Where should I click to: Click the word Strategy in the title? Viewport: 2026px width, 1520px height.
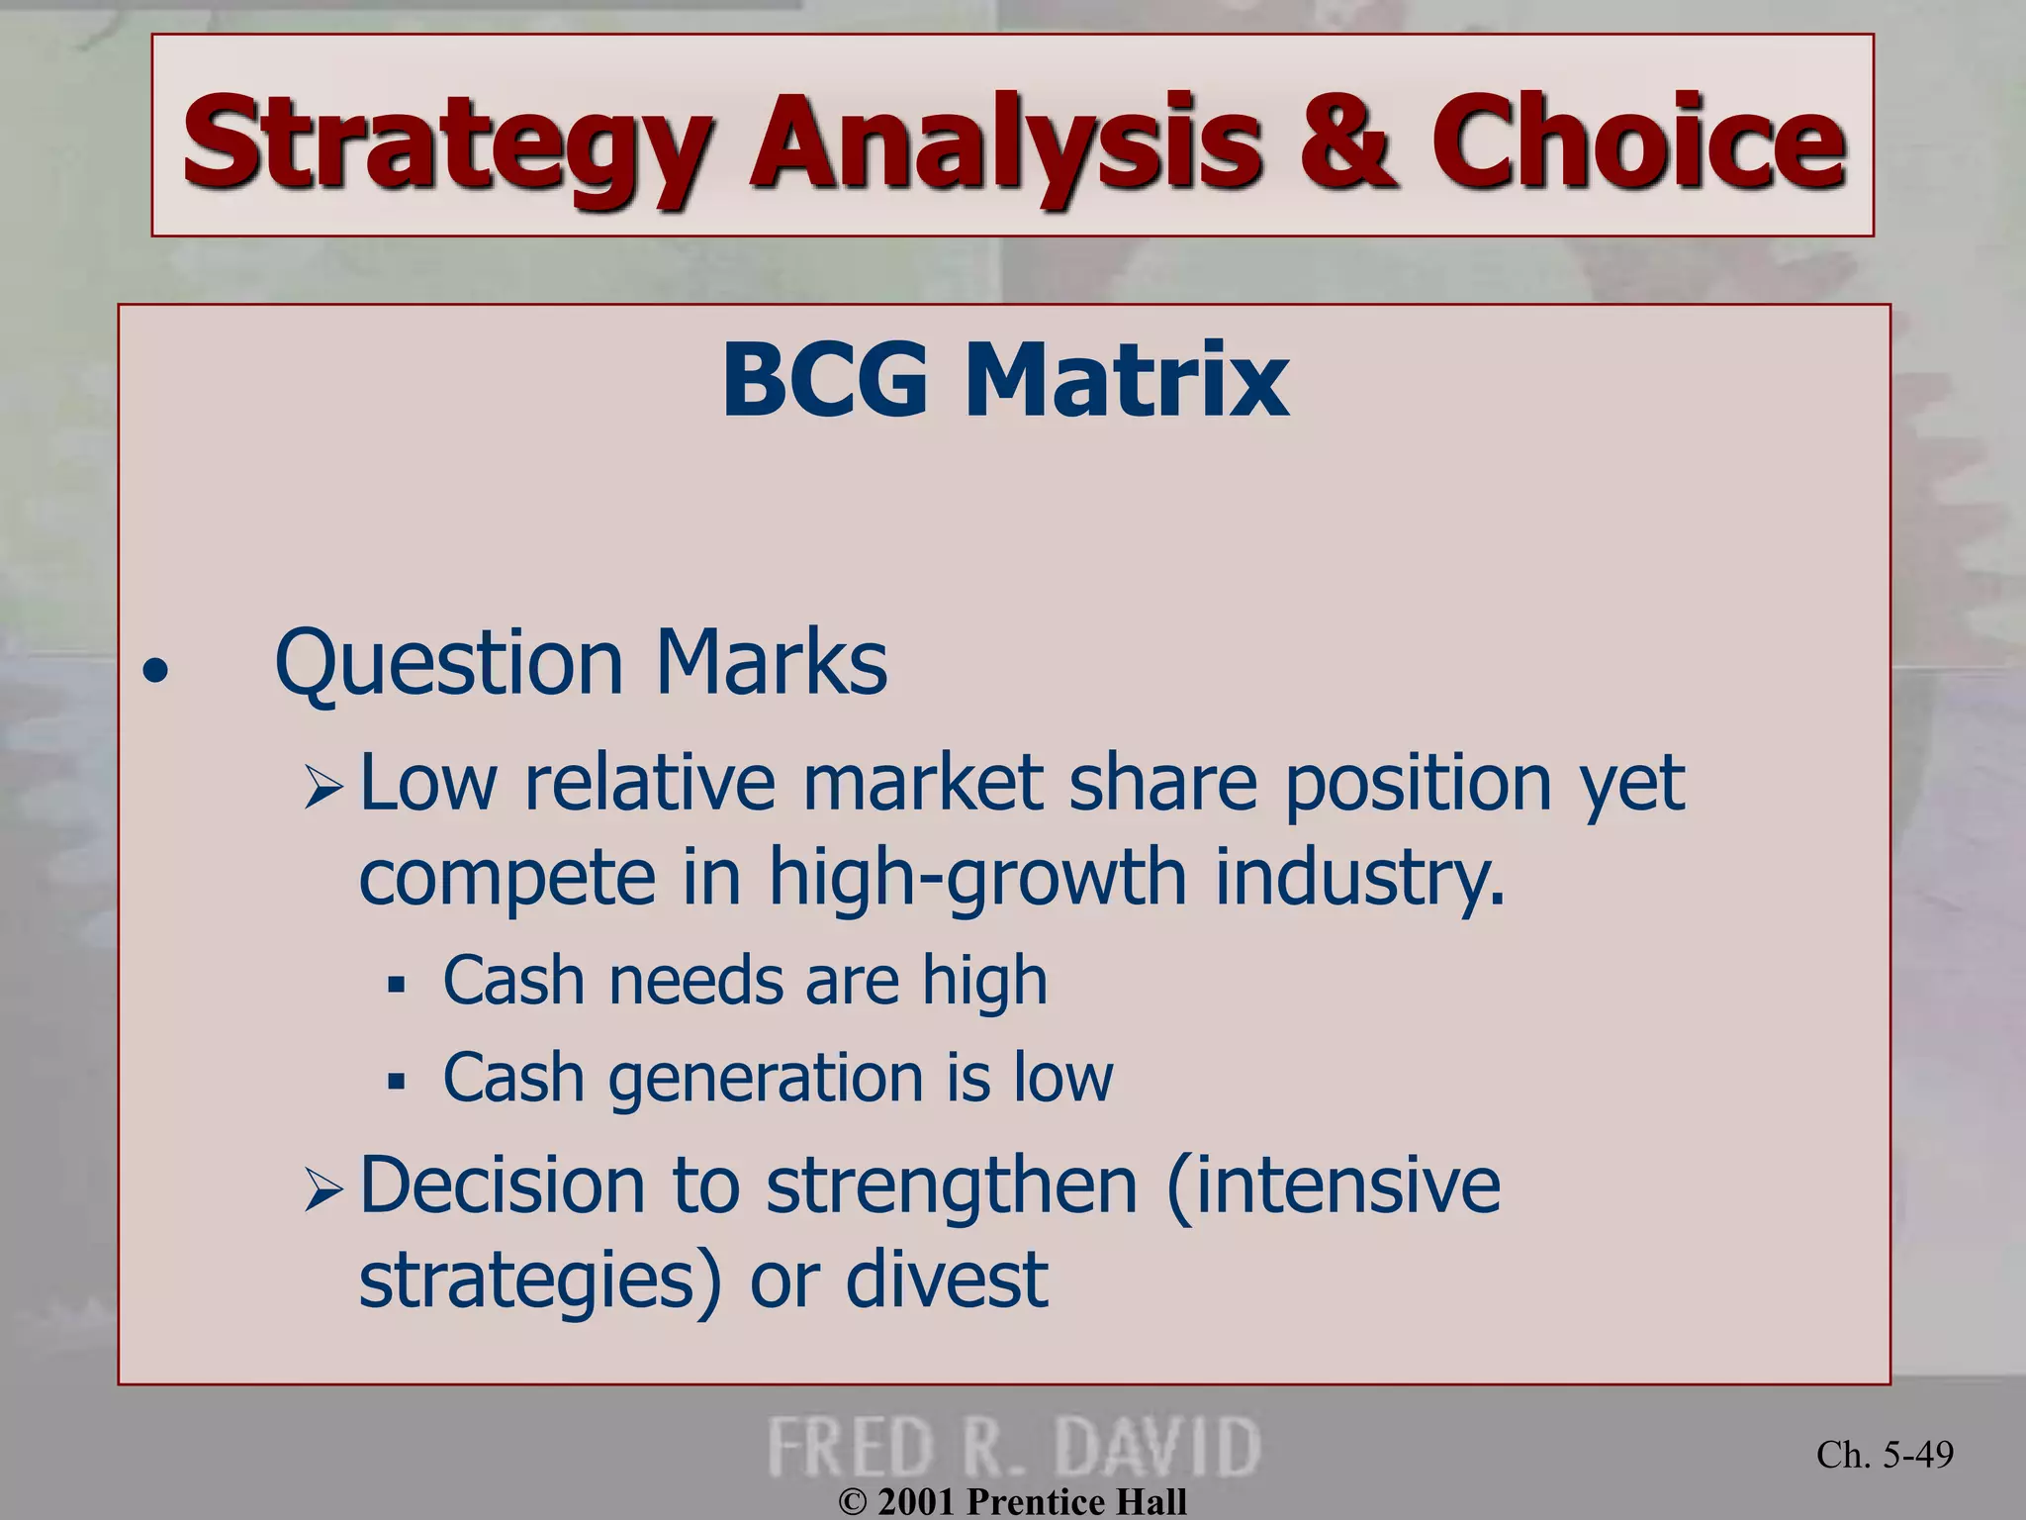coord(445,143)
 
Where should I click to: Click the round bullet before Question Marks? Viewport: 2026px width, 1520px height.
coord(155,673)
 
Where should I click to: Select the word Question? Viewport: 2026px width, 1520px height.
coord(450,663)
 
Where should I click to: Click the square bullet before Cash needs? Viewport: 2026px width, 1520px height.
coord(397,986)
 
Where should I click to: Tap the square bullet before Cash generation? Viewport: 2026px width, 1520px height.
coord(397,1081)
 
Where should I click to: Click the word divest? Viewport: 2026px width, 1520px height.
coord(947,1280)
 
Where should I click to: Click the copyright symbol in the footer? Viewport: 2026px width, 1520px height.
coord(852,1502)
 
